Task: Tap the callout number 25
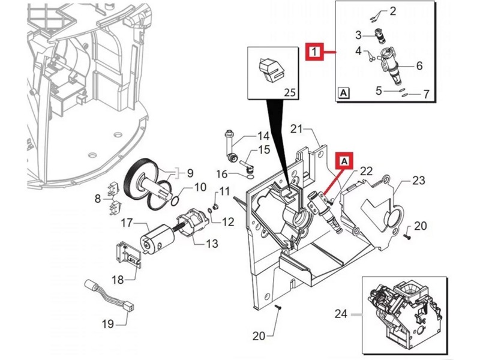290,92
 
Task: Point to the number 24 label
341,313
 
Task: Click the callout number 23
418,180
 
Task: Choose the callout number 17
127,223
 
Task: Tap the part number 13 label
212,244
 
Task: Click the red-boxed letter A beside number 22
344,160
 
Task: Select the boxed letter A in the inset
344,93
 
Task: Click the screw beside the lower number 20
278,307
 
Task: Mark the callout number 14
263,136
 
